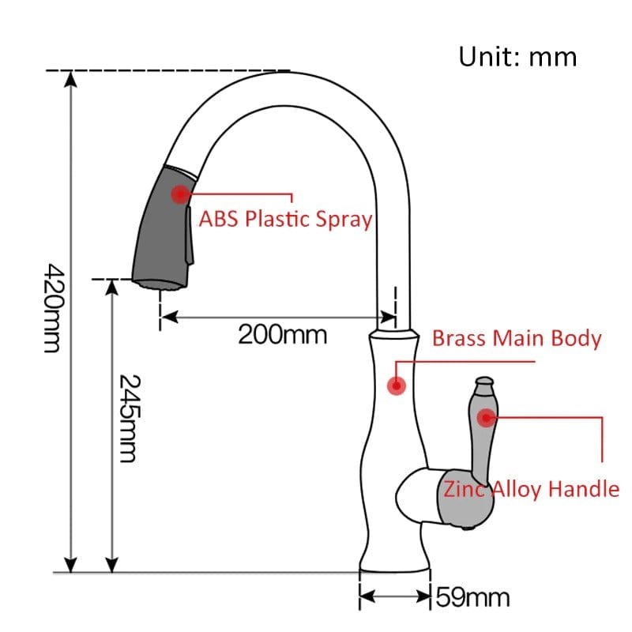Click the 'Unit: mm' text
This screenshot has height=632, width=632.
click(x=517, y=57)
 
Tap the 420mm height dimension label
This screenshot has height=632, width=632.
click(x=53, y=308)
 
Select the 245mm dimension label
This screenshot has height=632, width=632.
click(x=130, y=418)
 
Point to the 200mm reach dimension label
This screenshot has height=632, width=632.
click(x=282, y=334)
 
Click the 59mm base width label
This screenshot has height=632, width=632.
click(x=472, y=597)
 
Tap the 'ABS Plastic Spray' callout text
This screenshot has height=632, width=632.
click(x=285, y=220)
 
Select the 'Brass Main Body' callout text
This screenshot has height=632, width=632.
click(x=517, y=338)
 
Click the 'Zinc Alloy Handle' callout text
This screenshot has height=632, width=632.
click(x=531, y=489)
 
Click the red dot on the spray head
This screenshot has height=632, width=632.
click(x=180, y=194)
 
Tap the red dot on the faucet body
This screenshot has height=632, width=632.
click(x=397, y=386)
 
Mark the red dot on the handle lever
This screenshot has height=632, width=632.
click(x=486, y=418)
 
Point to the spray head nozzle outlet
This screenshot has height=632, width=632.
click(x=160, y=284)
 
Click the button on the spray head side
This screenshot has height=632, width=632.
click(x=189, y=235)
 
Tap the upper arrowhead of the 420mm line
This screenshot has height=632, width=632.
click(x=71, y=79)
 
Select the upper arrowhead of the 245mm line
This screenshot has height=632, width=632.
click(x=111, y=287)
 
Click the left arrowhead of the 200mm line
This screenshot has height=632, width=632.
click(x=169, y=318)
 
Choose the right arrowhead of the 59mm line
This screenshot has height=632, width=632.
click(x=423, y=596)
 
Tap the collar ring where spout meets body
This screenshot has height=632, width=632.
click(x=393, y=334)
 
